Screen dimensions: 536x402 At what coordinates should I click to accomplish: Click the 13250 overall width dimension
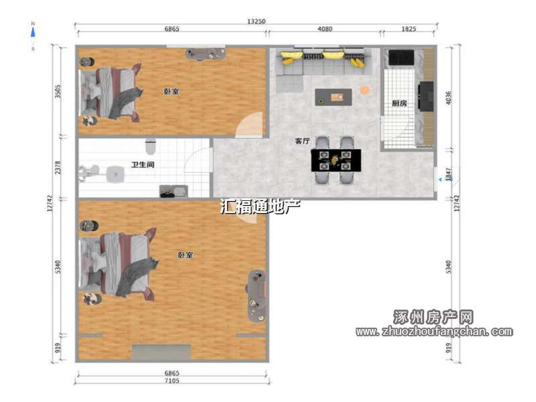(256, 21)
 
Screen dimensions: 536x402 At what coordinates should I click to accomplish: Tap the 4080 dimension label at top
(325, 29)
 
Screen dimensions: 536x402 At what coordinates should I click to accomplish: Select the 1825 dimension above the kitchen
(409, 29)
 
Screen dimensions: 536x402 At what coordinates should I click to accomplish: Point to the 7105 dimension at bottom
(172, 381)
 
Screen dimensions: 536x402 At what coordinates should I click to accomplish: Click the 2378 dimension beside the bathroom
(58, 167)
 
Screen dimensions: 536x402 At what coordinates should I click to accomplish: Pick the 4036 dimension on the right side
(448, 98)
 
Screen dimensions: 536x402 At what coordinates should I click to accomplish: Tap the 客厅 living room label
(303, 141)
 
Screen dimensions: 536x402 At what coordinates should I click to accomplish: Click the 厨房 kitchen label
(399, 103)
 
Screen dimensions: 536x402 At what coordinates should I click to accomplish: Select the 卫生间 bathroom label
(143, 164)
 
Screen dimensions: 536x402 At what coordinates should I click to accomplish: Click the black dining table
(336, 160)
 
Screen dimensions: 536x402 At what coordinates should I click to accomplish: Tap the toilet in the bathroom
(150, 146)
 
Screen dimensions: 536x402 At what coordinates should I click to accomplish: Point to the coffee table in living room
(333, 97)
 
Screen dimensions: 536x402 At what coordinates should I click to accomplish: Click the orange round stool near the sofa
(364, 90)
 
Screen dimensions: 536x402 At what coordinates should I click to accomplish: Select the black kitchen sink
(401, 58)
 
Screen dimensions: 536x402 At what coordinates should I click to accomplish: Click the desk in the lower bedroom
(257, 296)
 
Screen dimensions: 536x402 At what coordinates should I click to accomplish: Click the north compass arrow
(33, 33)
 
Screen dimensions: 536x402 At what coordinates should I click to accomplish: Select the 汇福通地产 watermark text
(260, 206)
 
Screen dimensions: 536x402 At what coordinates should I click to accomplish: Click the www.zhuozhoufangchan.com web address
(434, 331)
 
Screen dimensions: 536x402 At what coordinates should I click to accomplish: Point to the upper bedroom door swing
(249, 125)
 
